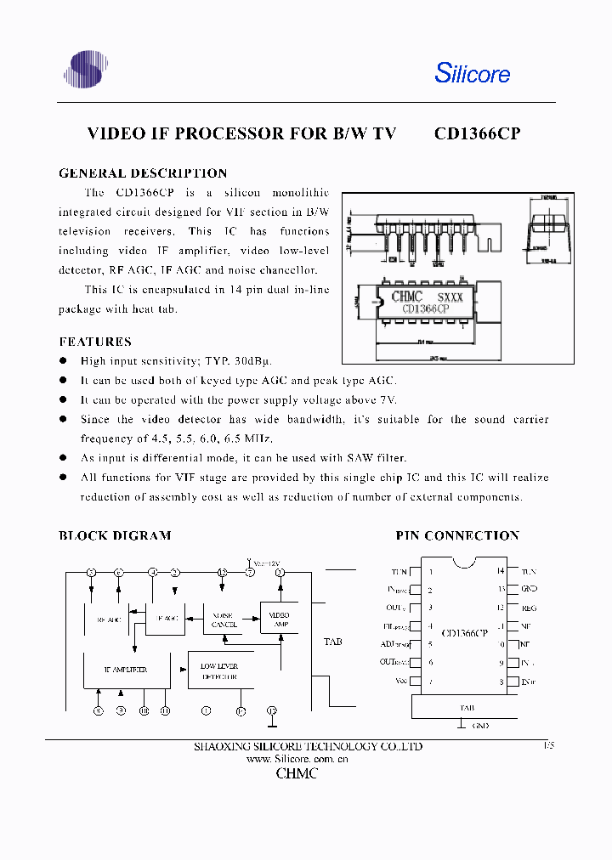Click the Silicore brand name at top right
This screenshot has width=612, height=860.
click(x=473, y=73)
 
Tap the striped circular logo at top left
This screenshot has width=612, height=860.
click(x=86, y=69)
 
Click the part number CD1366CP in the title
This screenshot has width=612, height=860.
click(x=477, y=133)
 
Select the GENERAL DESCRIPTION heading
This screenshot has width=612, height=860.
click(x=143, y=173)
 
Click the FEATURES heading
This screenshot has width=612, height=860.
click(x=95, y=342)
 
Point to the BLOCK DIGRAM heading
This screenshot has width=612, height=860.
click(x=115, y=535)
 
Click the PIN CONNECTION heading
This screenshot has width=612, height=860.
click(x=457, y=535)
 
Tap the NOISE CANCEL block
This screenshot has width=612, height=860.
click(x=224, y=620)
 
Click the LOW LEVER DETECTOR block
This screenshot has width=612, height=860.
click(x=218, y=671)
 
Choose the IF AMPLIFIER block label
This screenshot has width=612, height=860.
click(x=126, y=670)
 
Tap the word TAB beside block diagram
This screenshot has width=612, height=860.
click(x=333, y=642)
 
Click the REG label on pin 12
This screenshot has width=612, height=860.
click(x=529, y=608)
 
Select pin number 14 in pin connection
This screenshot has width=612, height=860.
click(x=501, y=571)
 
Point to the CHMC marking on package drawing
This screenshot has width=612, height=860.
click(x=407, y=297)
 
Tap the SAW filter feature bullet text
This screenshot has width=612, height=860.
click(x=243, y=458)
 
